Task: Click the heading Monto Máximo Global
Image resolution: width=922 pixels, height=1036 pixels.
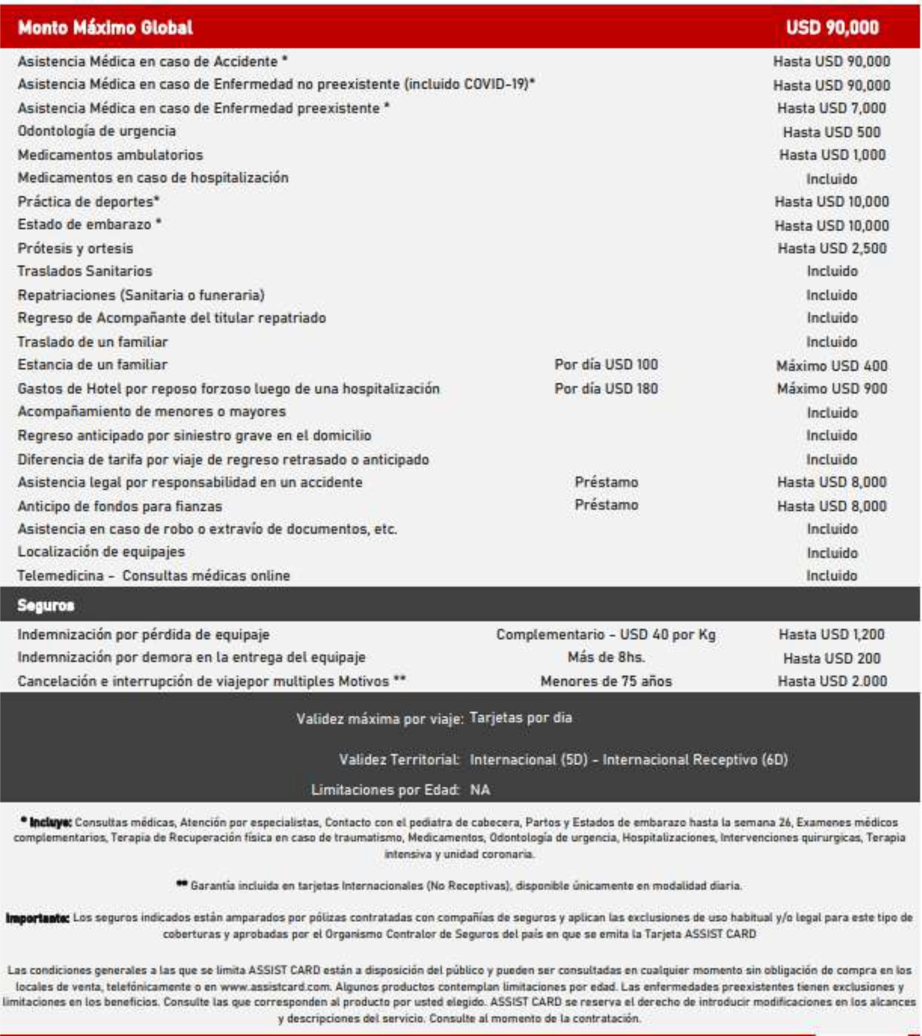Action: (105, 28)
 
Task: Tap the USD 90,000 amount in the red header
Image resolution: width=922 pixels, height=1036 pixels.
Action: (832, 28)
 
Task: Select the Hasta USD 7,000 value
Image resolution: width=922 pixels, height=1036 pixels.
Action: (831, 108)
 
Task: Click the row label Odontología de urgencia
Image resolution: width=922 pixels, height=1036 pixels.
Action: (97, 131)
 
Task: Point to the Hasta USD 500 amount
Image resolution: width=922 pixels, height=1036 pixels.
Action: (831, 132)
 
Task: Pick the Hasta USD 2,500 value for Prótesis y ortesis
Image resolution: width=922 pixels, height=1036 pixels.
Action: (832, 248)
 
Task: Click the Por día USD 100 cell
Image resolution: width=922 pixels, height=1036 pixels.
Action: (606, 365)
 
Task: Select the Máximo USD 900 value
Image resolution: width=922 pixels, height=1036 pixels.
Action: (832, 389)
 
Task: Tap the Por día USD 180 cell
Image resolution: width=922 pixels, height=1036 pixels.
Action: (606, 389)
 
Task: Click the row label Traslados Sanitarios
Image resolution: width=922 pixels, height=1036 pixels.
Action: (85, 271)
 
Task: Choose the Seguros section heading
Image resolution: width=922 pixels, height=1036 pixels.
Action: (46, 605)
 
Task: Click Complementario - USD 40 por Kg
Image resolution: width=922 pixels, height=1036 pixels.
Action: (606, 635)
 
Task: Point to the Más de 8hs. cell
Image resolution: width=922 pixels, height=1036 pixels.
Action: (606, 658)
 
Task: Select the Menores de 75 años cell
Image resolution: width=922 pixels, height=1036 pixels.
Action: (606, 681)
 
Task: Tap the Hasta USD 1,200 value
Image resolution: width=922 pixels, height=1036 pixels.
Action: (831, 635)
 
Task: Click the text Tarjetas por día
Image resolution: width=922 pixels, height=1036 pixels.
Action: (521, 718)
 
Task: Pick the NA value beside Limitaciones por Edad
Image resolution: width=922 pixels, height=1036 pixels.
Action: (479, 790)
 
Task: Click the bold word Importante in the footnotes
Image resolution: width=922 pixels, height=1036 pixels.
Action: (37, 917)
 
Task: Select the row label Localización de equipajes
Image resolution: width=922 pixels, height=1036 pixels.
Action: (101, 552)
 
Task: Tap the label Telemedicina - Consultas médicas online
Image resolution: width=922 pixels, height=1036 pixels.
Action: (154, 576)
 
